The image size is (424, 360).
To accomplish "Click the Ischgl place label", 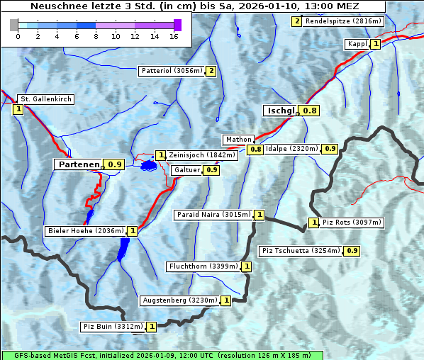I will click(x=281, y=111).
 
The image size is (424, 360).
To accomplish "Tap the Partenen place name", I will click(x=79, y=164).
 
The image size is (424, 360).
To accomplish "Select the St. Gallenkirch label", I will click(x=45, y=99).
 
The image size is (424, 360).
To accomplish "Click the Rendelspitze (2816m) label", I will click(x=344, y=21).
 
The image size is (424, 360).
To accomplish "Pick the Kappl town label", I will click(x=357, y=44).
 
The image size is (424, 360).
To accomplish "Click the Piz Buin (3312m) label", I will click(x=113, y=327).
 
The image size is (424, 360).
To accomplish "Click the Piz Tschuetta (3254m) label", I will click(x=301, y=251).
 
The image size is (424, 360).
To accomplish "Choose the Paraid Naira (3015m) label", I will click(x=213, y=215).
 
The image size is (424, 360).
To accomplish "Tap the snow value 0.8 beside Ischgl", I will click(x=310, y=111).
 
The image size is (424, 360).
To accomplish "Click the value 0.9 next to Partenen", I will click(x=115, y=164).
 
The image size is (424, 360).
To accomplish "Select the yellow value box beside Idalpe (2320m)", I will click(x=330, y=149).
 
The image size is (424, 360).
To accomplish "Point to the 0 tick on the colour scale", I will click(x=18, y=35).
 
